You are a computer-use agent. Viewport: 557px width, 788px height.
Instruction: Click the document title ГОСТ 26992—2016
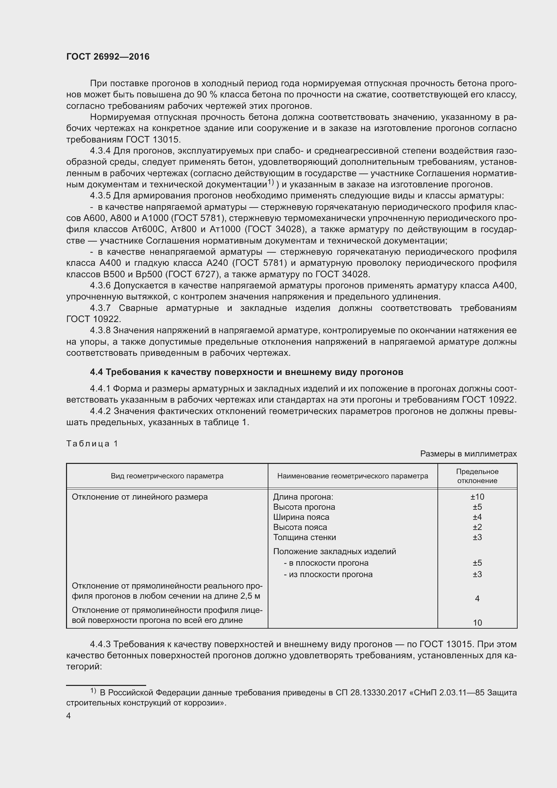pyautogui.click(x=108, y=57)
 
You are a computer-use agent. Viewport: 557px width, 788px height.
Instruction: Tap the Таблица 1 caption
pyautogui.click(x=92, y=444)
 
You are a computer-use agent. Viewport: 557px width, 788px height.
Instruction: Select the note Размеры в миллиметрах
pyautogui.click(x=468, y=454)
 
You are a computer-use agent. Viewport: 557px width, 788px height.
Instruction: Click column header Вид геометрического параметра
pyautogui.click(x=167, y=476)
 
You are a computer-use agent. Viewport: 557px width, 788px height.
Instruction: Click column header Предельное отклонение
pyautogui.click(x=477, y=476)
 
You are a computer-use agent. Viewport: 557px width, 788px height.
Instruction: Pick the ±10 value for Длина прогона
pyautogui.click(x=477, y=497)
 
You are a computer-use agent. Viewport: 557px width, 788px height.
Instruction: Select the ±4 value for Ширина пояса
pyautogui.click(x=477, y=517)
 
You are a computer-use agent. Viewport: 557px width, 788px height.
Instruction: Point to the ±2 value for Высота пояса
pyautogui.click(x=477, y=527)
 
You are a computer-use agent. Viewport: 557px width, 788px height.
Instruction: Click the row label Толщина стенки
pyautogui.click(x=304, y=537)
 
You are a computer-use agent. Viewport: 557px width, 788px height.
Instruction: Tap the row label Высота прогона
pyautogui.click(x=304, y=507)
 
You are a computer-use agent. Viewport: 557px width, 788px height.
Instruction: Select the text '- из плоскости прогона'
pyautogui.click(x=328, y=574)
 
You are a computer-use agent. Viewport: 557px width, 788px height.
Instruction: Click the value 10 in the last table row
pyautogui.click(x=477, y=623)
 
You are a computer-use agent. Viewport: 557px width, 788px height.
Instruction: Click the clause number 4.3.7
pyautogui.click(x=100, y=308)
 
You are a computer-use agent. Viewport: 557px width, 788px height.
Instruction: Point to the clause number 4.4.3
pyautogui.click(x=100, y=644)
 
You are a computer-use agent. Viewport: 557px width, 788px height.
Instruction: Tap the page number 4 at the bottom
pyautogui.click(x=69, y=716)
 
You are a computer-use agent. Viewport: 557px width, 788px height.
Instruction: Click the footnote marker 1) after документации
pyautogui.click(x=271, y=182)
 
